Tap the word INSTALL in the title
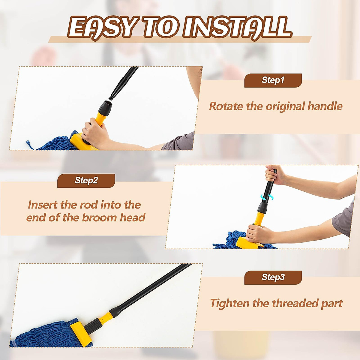coord(237,28)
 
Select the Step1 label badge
coord(273,80)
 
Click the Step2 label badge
coord(86,181)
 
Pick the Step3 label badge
coord(273,277)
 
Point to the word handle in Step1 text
coord(325,106)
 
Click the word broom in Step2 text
coord(99,217)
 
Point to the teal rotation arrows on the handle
coord(267,197)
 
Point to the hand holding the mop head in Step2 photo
coord(257,233)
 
